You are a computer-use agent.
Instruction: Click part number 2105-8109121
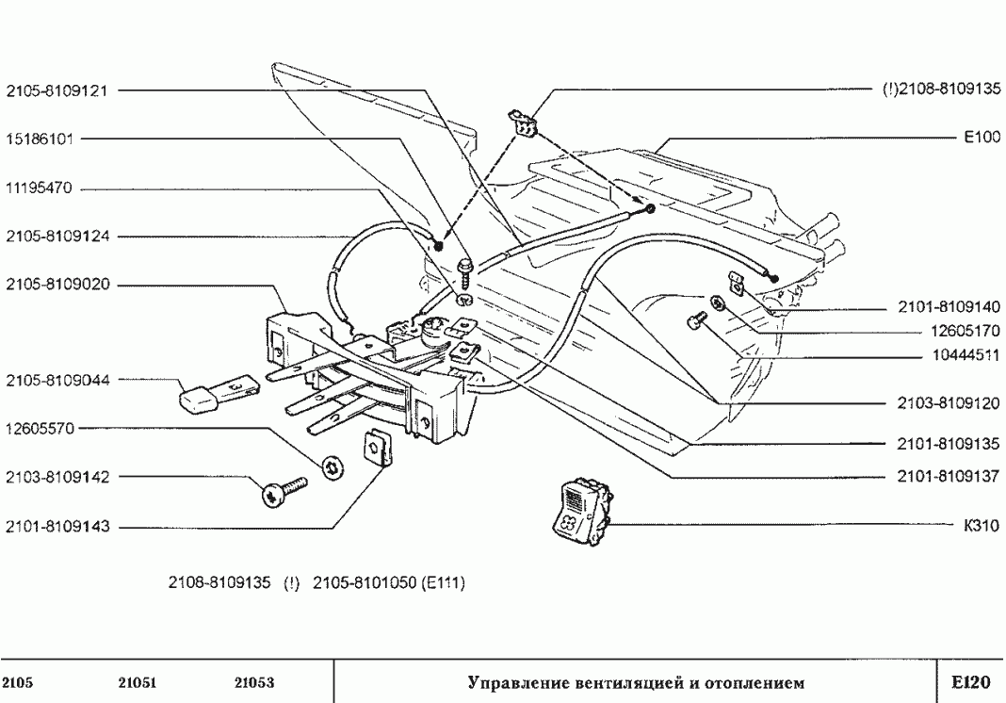tap(57, 91)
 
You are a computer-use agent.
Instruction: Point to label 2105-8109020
tap(57, 285)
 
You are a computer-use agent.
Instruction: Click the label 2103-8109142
tap(57, 478)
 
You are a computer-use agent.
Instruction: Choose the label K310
tap(982, 526)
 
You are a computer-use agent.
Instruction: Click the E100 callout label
tap(981, 138)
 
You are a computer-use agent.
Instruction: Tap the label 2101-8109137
tap(945, 477)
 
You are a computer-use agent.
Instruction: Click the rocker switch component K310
tap(576, 512)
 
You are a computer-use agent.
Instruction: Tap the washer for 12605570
tap(332, 466)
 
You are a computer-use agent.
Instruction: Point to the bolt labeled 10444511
tap(698, 321)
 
